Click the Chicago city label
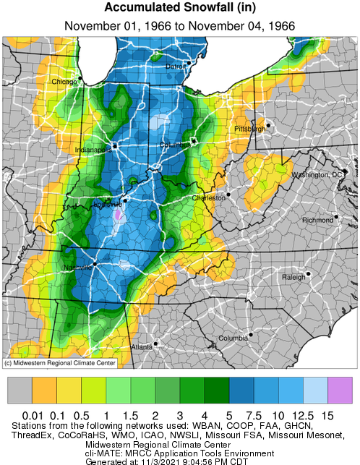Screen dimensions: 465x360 (x=64, y=82)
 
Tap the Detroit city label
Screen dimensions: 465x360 (x=177, y=66)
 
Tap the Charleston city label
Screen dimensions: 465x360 (x=207, y=197)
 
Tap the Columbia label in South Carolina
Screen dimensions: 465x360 (x=233, y=338)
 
